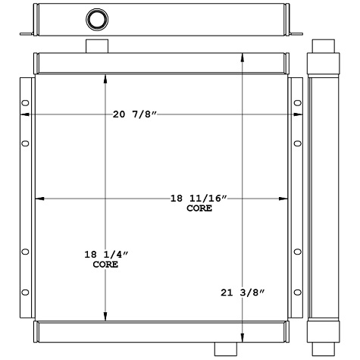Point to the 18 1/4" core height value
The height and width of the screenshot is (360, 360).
coord(106,255)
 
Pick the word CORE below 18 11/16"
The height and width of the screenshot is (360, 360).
coord(199,208)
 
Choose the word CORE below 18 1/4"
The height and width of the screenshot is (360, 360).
coord(105,265)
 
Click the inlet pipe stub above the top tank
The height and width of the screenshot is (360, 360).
coord(96,46)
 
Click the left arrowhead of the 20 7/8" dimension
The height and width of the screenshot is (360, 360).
coord(23,114)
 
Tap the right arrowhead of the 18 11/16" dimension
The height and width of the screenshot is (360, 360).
coord(285,199)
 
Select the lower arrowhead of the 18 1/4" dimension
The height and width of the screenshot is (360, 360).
coord(105,318)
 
